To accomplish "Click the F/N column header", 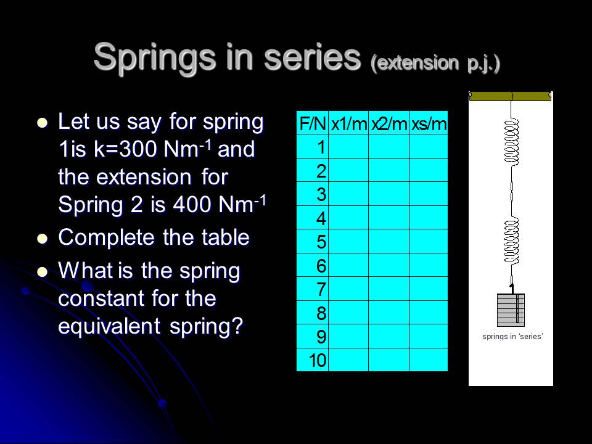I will point(313,124).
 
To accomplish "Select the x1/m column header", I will point(348,124).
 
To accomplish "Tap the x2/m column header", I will point(388,124).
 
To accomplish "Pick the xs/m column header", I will point(429,124).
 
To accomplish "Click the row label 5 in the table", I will point(321,242).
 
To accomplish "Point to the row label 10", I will point(318,360).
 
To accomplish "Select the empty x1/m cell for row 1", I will point(348,147).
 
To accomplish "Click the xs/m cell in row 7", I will point(429,289).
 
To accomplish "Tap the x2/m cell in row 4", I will point(388,218).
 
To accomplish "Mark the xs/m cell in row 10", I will point(429,360).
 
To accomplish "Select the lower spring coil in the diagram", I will point(511,242).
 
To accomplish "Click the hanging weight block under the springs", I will point(511,310).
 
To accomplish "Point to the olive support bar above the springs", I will point(510,96).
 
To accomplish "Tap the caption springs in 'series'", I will point(511,336).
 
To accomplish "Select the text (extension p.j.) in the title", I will point(435,64).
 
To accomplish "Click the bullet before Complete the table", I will point(42,239).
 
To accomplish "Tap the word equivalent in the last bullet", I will point(109,325).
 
